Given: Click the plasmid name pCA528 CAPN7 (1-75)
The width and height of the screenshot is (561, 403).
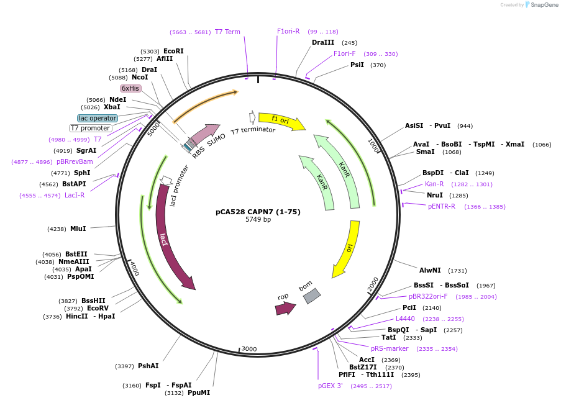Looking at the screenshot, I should point(258,212).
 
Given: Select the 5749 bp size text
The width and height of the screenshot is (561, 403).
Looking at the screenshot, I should point(258,220).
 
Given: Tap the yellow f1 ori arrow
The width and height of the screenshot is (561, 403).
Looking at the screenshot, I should point(281,120).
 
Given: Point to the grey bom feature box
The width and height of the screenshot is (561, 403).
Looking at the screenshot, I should point(311,296).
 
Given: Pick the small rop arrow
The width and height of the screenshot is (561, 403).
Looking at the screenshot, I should point(285,308).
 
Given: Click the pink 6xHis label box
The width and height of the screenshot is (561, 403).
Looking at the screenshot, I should point(130,88).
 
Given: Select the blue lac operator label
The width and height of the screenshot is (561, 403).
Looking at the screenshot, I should point(98,118).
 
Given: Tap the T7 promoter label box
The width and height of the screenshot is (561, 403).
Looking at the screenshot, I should point(90,128).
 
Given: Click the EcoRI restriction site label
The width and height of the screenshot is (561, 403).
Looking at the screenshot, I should point(173,51).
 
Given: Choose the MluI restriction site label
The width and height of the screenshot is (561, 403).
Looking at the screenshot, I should point(78,229).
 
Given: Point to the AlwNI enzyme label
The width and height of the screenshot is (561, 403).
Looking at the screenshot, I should point(430,270).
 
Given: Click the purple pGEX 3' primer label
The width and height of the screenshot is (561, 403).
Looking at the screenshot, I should point(331,386).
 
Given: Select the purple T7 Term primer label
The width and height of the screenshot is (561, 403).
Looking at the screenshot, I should point(227,32).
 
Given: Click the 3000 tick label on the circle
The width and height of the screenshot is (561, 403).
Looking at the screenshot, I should point(249,349).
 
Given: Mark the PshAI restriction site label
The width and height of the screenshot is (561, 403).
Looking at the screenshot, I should point(148,366).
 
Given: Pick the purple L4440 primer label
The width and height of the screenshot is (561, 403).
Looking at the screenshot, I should point(405,319).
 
